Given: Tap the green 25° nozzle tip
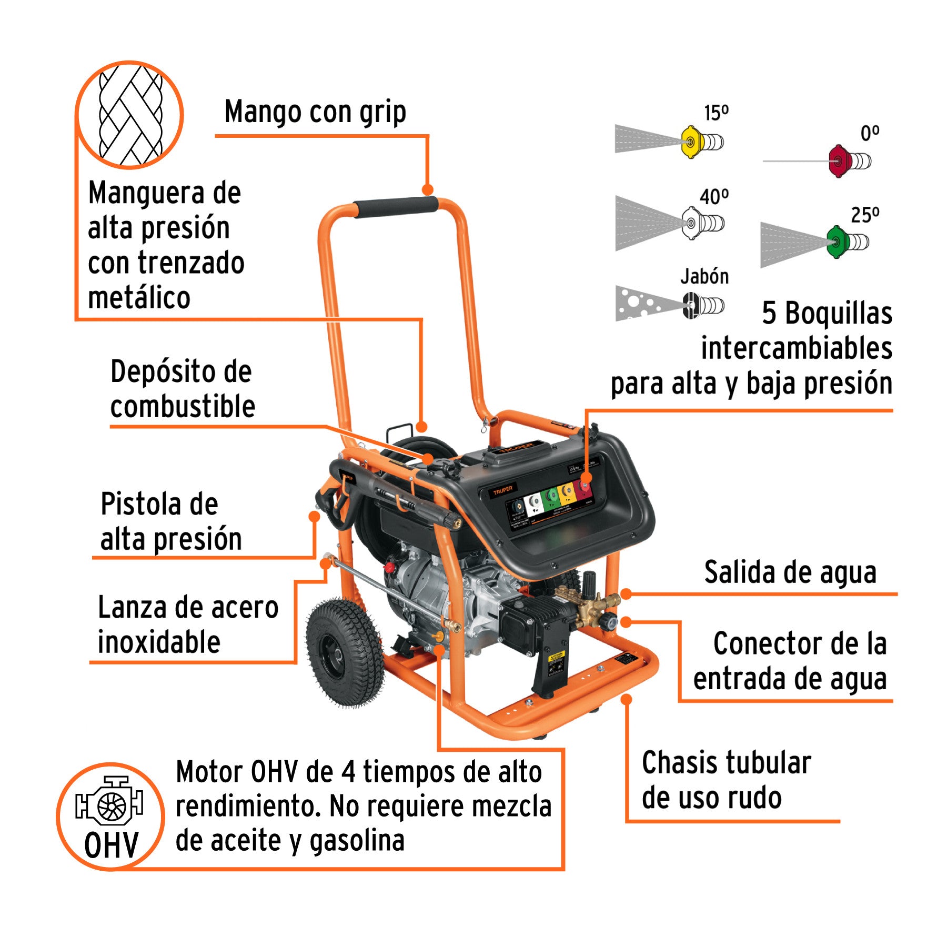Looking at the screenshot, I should pos(835,242).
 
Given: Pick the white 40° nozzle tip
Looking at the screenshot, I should pos(691,223).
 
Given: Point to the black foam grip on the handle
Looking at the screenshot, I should pos(396,207).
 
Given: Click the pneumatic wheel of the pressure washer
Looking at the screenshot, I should pos(345,652).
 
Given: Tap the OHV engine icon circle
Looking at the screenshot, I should pos(110,816).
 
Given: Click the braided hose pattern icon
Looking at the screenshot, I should pos(130,115).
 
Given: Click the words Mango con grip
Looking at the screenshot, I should pos(315,112).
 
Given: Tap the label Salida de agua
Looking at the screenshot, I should pos(790,572).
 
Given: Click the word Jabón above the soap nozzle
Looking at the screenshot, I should pos(704,276).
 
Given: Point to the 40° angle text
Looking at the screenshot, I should pos(714,197).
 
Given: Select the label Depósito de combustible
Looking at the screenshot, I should pos(182,389).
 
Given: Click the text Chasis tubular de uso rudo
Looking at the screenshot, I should pos(726,780).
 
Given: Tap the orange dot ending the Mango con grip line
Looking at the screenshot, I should pos(428,190).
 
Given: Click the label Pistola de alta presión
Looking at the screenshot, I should pos(170,521).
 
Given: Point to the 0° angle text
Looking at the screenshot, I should pos(869,133).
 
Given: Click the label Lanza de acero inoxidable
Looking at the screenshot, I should pos(187,624).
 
